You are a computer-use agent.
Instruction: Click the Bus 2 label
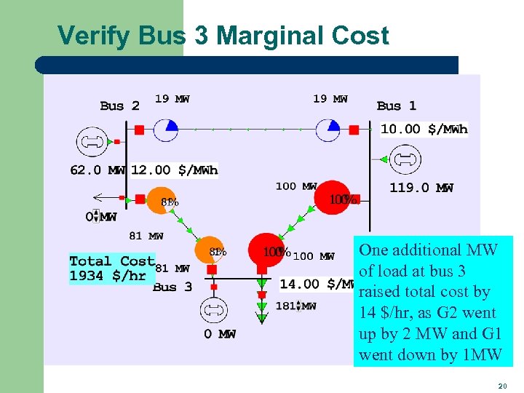[120, 106]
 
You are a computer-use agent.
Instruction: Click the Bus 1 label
[397, 106]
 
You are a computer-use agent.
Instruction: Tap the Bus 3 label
[172, 287]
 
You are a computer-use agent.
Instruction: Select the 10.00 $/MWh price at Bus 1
[424, 129]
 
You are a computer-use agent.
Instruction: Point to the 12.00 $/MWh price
[175, 170]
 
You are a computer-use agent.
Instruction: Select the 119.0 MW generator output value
[421, 188]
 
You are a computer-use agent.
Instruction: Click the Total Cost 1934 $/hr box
[112, 268]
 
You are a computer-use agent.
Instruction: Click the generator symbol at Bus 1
[405, 159]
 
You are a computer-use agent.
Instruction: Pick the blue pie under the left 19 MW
[168, 130]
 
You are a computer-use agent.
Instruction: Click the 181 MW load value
[295, 306]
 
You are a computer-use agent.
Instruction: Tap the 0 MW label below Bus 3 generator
[220, 334]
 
